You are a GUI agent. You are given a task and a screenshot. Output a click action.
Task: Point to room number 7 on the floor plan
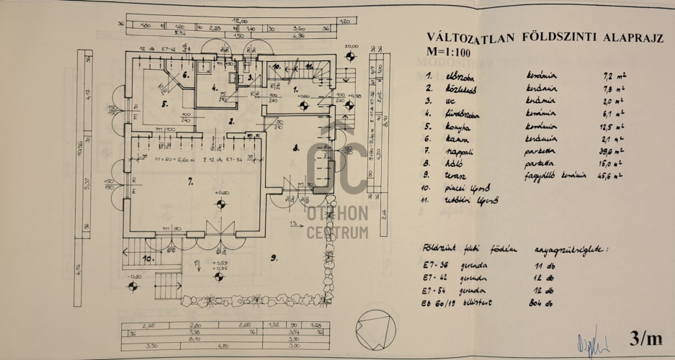point(191,184)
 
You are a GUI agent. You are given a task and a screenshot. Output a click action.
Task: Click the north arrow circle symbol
point(377,323)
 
